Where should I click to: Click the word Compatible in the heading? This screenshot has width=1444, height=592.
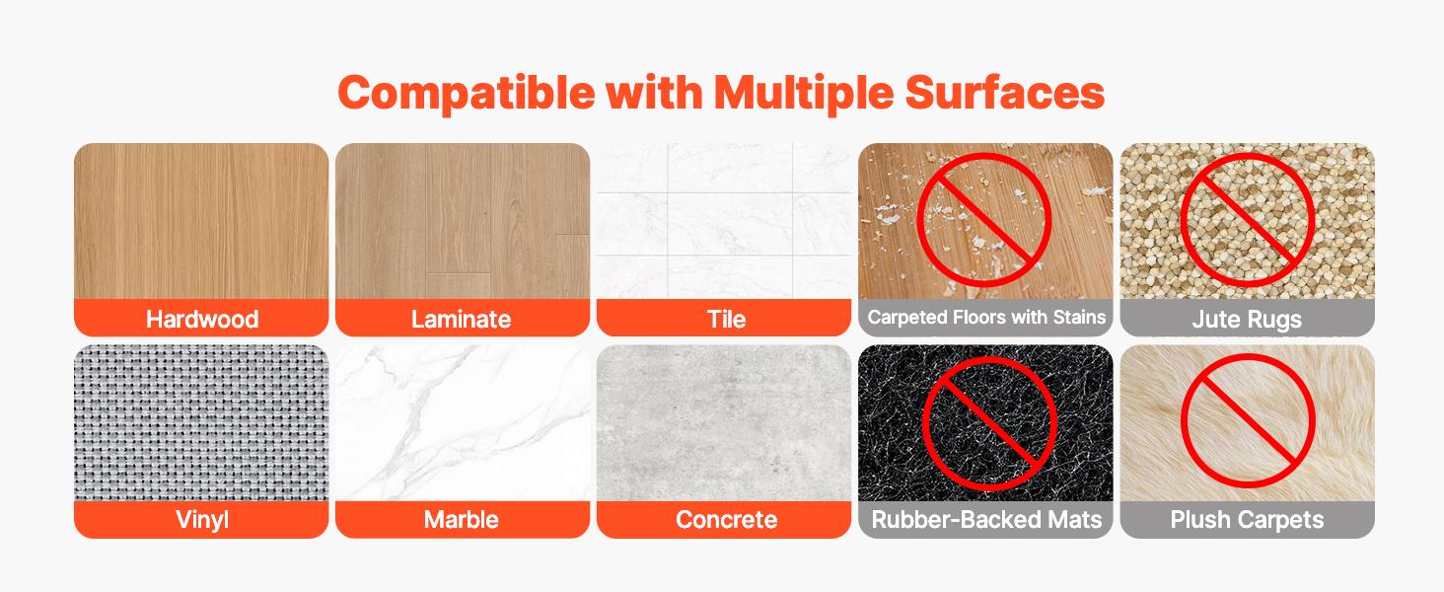[466, 93]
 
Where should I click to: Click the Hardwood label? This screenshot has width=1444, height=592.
[201, 319]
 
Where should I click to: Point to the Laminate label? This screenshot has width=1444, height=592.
[462, 319]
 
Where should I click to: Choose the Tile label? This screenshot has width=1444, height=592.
[725, 319]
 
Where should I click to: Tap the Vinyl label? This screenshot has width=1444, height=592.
[201, 519]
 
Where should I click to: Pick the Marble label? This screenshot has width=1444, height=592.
[462, 519]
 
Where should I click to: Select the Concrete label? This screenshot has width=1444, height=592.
[725, 519]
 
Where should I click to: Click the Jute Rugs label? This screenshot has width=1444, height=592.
[1247, 319]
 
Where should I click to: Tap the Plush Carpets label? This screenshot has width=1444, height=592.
[1247, 519]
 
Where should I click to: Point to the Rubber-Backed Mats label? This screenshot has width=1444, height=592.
[986, 519]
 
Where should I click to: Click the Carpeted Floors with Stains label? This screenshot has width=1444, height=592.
[986, 318]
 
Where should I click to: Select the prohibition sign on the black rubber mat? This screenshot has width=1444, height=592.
[988, 424]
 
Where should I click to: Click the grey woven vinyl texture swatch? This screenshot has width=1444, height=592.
[201, 422]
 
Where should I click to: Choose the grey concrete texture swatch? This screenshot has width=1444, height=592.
[724, 422]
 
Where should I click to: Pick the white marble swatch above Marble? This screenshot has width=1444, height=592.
[462, 422]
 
